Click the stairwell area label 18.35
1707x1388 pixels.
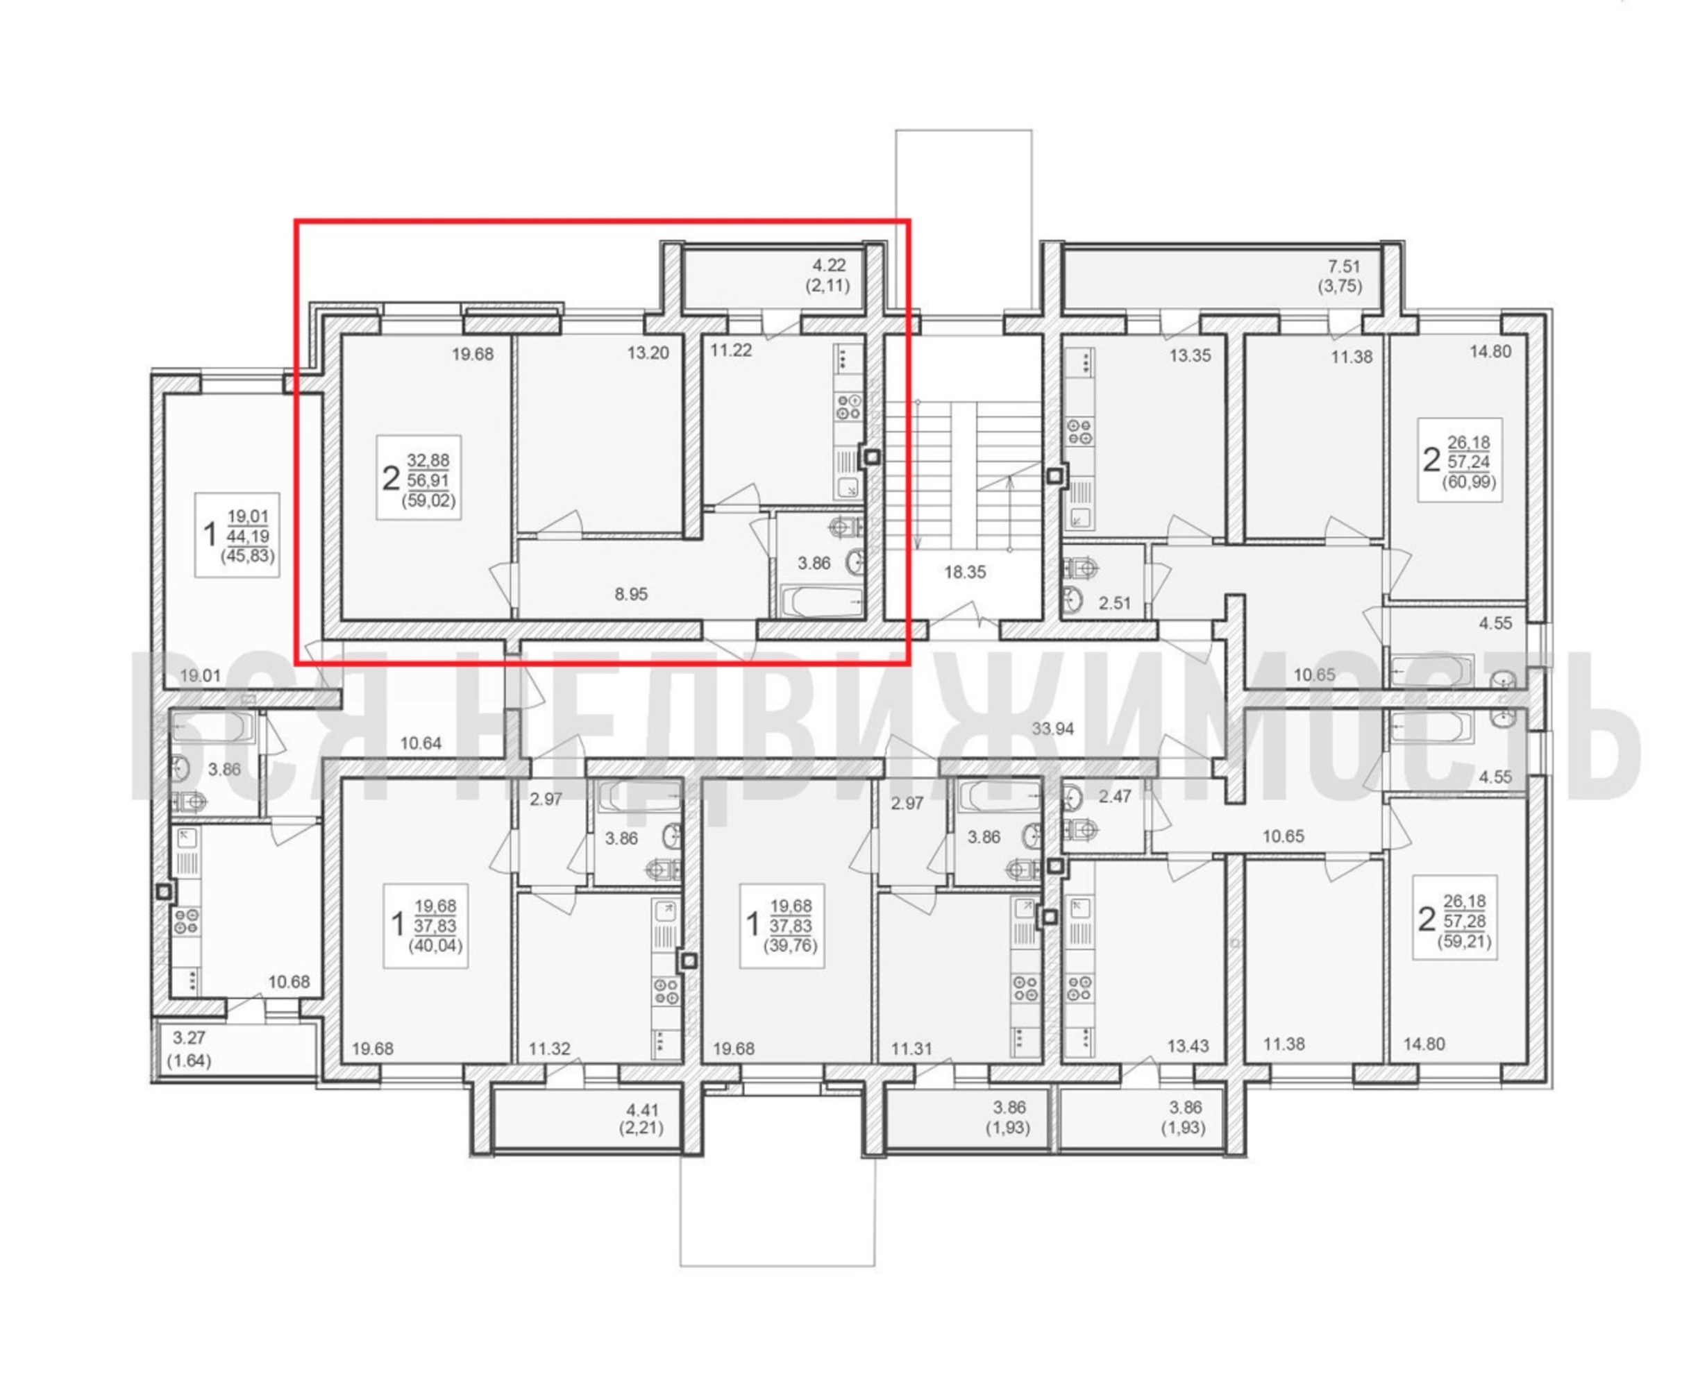coord(965,572)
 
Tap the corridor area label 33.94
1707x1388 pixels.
coord(1052,729)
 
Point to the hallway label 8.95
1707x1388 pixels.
coord(631,594)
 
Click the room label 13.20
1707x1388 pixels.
coord(648,353)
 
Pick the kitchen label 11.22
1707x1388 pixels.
coord(731,350)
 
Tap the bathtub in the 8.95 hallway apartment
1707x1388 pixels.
coord(822,601)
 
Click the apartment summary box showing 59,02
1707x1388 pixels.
coord(419,478)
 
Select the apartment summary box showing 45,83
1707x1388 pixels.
coord(237,534)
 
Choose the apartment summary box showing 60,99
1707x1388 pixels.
coord(1460,459)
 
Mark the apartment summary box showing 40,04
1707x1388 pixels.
coord(426,926)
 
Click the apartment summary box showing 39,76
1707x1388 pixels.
coord(781,926)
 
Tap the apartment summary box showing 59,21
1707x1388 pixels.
coord(1455,917)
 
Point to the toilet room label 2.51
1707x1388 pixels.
coord(1115,603)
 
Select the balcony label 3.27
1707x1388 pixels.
coord(190,1038)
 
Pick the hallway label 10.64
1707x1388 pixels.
coord(421,743)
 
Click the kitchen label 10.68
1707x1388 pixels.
coord(289,982)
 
